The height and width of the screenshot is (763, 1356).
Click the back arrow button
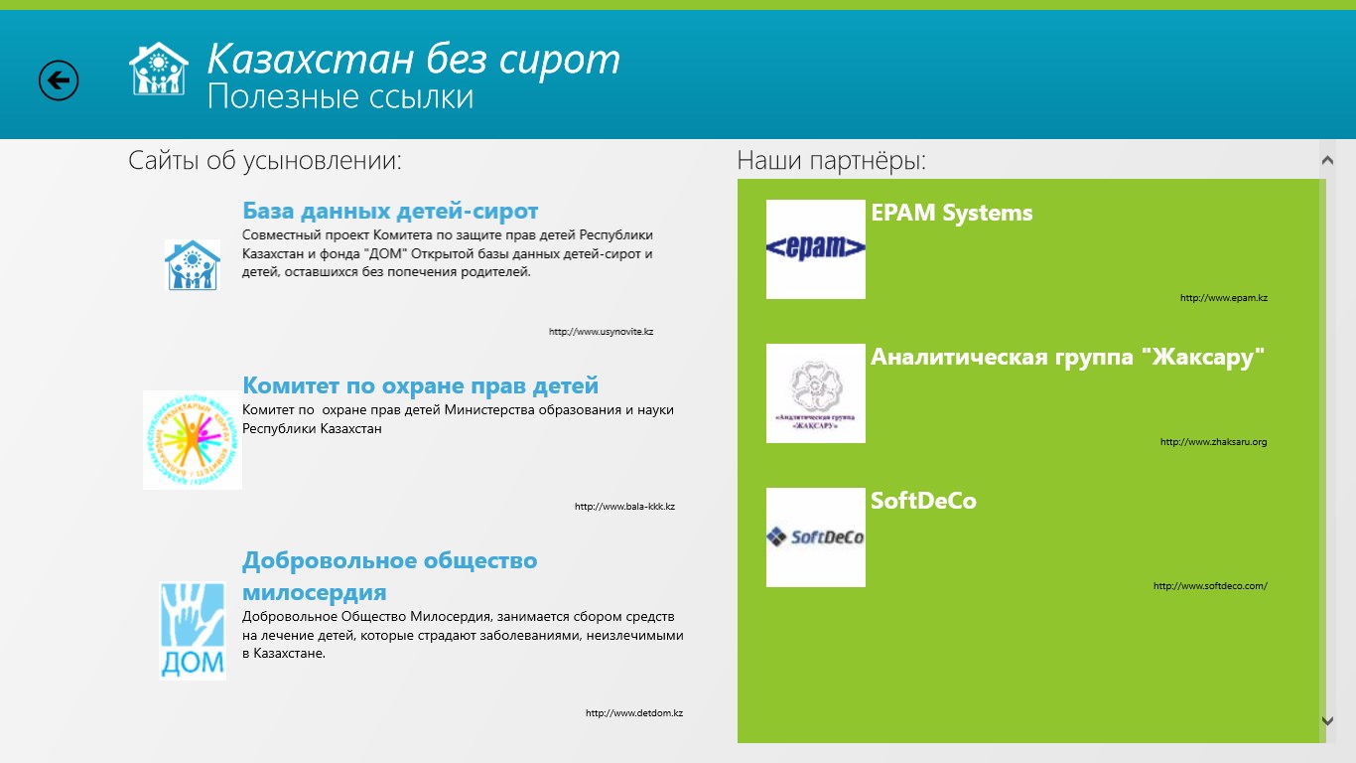click(x=59, y=80)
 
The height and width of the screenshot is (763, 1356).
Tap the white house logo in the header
click(x=159, y=69)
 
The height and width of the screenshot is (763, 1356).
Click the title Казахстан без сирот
click(x=414, y=60)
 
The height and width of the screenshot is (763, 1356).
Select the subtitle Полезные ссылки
click(x=340, y=97)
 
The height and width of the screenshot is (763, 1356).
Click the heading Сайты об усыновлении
click(x=264, y=161)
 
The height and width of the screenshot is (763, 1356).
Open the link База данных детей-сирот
click(x=390, y=211)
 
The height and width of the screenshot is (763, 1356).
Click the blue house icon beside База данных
click(x=193, y=265)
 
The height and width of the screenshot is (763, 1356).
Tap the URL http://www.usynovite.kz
click(x=602, y=332)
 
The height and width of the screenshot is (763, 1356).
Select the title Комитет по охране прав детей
click(x=420, y=385)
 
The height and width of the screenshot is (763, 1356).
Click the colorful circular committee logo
click(x=193, y=440)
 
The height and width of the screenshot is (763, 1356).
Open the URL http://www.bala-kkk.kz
click(x=624, y=507)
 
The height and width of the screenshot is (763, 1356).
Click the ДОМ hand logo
click(x=193, y=631)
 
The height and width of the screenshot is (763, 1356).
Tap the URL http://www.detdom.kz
click(x=634, y=713)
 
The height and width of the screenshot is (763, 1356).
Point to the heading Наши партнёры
click(x=832, y=161)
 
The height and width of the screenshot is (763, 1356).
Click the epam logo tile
click(x=815, y=249)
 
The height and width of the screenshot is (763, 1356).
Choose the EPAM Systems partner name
click(x=952, y=213)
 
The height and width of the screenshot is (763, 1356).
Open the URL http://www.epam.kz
click(x=1223, y=298)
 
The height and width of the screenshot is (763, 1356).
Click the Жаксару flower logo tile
click(x=815, y=393)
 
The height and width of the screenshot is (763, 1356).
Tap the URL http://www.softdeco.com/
click(x=1210, y=586)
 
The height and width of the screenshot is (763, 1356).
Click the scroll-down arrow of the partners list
click(x=1327, y=721)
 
